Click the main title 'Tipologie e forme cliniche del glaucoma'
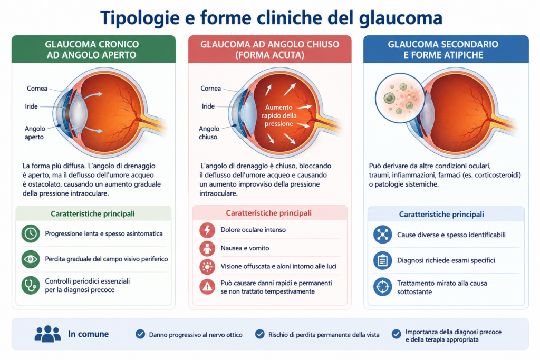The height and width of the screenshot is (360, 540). (x=271, y=18)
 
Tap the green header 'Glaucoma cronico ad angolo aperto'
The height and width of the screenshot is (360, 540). (x=92, y=50)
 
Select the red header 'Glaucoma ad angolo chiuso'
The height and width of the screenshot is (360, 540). (x=269, y=50)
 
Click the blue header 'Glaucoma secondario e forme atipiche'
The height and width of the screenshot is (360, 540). (x=443, y=50)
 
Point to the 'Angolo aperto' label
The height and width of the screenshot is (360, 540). (x=35, y=132)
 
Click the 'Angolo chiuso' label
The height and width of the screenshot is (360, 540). (x=209, y=132)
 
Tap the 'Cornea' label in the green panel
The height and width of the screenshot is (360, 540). (x=37, y=89)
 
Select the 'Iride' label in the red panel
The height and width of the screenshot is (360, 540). (x=208, y=106)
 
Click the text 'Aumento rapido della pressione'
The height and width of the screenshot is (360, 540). (x=278, y=115)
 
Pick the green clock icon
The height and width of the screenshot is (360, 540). (x=31, y=233)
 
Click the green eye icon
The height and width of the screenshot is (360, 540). (x=31, y=259)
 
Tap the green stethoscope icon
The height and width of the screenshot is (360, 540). (x=31, y=285)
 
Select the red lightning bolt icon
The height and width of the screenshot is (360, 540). (x=207, y=230)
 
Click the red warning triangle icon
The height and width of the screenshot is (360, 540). (x=207, y=287)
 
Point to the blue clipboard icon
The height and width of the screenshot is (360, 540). (x=383, y=260)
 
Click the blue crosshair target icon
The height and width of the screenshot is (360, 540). (x=383, y=287)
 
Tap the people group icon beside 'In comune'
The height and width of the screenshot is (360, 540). (x=47, y=334)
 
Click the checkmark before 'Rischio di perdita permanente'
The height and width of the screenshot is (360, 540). (x=259, y=334)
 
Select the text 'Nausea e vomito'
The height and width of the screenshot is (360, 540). (x=245, y=248)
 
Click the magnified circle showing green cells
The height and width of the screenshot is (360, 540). (x=400, y=98)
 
